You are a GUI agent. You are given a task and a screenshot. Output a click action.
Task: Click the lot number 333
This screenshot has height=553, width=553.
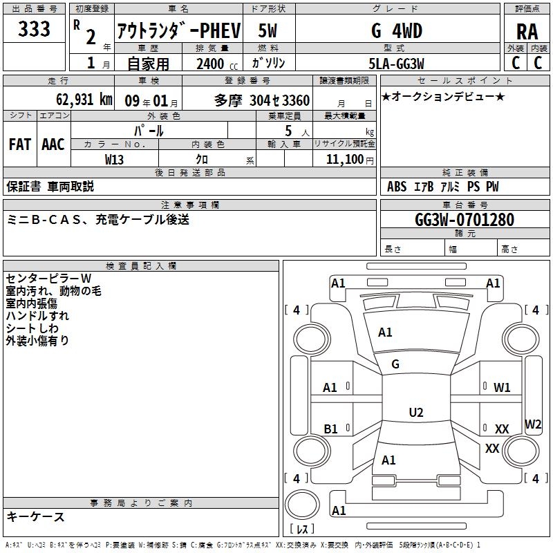[x=34, y=29]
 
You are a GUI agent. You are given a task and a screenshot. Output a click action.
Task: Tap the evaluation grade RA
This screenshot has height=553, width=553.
[x=527, y=31]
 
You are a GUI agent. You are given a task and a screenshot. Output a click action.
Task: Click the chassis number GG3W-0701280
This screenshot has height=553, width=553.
[x=465, y=220]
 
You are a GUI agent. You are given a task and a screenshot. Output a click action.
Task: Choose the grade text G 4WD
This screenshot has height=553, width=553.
[x=396, y=31]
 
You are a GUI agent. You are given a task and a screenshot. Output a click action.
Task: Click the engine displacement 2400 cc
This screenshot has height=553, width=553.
[x=216, y=64]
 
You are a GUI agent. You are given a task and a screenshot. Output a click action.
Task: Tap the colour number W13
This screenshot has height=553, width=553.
[x=115, y=159]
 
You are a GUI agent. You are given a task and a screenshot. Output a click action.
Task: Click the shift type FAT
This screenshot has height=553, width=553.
[x=19, y=144]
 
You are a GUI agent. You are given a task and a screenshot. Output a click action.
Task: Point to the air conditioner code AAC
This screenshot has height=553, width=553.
[x=53, y=144]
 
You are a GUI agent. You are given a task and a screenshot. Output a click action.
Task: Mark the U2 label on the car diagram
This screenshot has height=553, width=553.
[x=415, y=413]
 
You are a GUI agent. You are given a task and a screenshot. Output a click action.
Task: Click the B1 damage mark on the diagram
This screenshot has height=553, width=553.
[x=330, y=429]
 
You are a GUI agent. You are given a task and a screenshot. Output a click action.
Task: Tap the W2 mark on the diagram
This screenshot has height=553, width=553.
[x=533, y=424]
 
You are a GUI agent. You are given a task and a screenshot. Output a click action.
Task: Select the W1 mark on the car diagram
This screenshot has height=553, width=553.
[x=502, y=388]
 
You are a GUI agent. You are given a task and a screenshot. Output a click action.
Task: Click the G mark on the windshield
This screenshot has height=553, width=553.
[x=395, y=364]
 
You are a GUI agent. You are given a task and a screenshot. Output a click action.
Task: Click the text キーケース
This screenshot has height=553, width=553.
[x=35, y=516]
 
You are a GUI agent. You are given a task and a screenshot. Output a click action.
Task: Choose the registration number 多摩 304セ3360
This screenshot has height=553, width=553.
[x=262, y=100]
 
